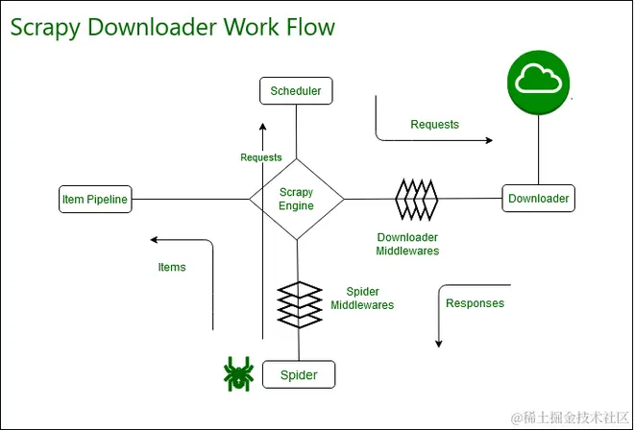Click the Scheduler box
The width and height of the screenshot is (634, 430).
pos(296,91)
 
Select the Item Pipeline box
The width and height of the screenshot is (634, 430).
pos(93,200)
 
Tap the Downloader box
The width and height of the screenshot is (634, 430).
pos(538,199)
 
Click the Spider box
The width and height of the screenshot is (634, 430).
pos(298,374)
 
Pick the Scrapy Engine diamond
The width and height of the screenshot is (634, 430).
pos(296,200)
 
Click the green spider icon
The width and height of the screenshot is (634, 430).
pos(237,372)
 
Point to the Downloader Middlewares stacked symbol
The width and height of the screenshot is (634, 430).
pos(416,199)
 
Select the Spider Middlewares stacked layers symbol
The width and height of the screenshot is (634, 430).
pos(298,303)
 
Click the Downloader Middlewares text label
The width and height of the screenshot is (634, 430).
pos(407,244)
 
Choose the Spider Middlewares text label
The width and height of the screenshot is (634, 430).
pos(362,299)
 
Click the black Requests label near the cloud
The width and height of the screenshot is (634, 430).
pos(434,125)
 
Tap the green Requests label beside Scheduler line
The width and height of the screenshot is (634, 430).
pos(261,157)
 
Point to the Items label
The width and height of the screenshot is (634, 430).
pos(172,267)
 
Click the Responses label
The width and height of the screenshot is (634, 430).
pos(475,303)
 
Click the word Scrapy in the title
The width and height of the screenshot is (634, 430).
pos(45,27)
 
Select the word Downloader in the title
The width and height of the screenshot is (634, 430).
pos(151,26)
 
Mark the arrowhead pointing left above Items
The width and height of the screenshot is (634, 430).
pos(155,239)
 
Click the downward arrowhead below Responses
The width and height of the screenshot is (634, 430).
pos(438,343)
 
